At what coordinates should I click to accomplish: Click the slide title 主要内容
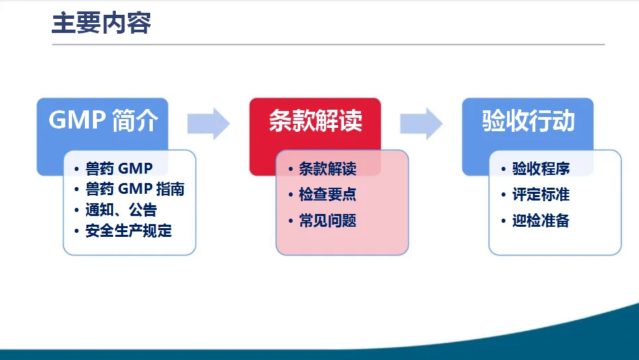tap(101, 23)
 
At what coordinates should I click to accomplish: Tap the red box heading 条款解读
tap(315, 121)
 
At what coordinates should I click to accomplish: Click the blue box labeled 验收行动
tap(528, 121)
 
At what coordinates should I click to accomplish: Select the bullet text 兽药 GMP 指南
tap(135, 189)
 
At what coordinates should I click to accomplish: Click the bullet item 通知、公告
tap(121, 210)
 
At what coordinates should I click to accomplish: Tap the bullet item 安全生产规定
tap(129, 231)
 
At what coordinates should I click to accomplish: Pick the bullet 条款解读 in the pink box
tap(327, 168)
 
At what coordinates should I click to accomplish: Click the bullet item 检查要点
tap(327, 194)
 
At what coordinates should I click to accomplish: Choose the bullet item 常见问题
tap(327, 221)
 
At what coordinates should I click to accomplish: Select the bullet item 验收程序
tap(541, 168)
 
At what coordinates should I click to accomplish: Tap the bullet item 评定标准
tap(541, 194)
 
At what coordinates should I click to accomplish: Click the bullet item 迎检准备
tap(541, 221)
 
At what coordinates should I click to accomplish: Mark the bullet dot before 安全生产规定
tap(77, 231)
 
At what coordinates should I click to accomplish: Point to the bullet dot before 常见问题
tap(291, 221)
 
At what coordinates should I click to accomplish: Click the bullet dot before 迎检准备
tap(504, 221)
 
